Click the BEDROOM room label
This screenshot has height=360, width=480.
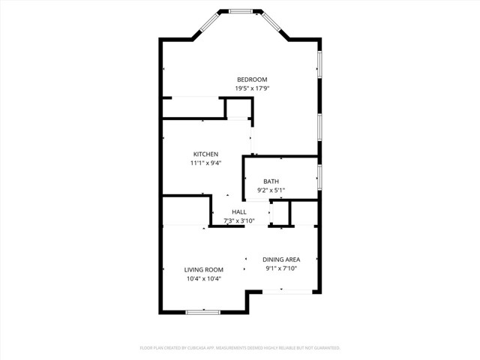[x=252, y=79]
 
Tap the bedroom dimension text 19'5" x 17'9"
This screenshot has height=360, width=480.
[x=252, y=88]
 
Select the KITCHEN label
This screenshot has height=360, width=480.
[x=205, y=154]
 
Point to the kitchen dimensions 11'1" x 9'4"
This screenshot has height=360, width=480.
[x=205, y=163]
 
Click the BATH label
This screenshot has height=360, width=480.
[x=271, y=182]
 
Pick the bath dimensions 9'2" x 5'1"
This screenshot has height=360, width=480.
[x=271, y=190]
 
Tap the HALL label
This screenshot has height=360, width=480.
[x=239, y=212]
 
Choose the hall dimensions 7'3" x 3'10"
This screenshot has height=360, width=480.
[x=239, y=220]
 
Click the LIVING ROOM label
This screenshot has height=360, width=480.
[x=204, y=270]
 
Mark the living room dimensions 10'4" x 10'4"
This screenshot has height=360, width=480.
[x=204, y=278]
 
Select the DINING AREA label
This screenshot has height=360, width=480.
[x=281, y=259]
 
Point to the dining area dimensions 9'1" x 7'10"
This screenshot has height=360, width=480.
[x=281, y=268]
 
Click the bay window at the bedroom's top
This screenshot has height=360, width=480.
[x=240, y=10]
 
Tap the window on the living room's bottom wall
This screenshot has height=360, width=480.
[x=203, y=311]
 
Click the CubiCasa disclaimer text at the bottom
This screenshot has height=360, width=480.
[x=240, y=348]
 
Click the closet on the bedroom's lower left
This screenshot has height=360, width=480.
[x=193, y=107]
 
